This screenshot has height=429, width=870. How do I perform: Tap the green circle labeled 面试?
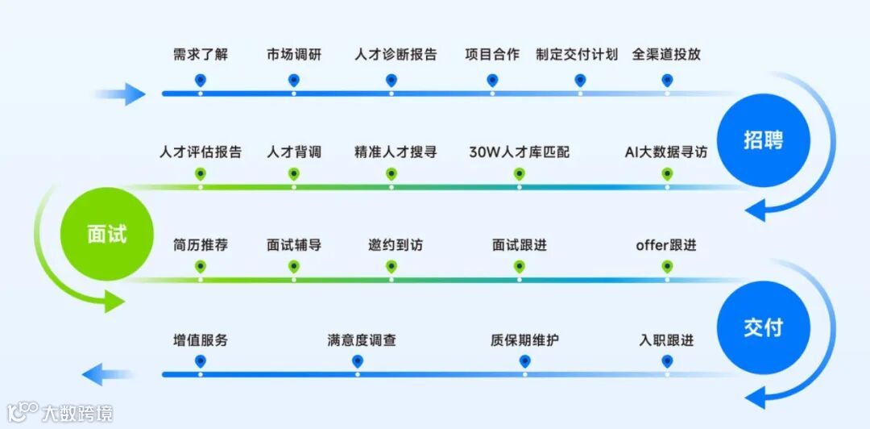107,233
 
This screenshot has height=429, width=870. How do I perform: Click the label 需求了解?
201,55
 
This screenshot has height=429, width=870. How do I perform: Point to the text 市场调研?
294,55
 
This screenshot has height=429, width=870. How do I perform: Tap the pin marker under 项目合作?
492,80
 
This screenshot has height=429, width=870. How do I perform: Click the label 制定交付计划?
577,55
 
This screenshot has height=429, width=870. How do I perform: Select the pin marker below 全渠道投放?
667,80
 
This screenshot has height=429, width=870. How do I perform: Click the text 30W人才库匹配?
519,152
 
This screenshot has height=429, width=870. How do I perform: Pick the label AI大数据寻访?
666,152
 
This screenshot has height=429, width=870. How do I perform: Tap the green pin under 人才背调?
294,173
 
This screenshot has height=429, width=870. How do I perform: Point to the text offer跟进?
665,245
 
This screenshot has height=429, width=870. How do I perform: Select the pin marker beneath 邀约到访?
391,267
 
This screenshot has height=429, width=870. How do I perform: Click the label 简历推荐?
201,245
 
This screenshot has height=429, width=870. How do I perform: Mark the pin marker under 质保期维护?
524,361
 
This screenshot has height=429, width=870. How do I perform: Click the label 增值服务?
201,340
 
